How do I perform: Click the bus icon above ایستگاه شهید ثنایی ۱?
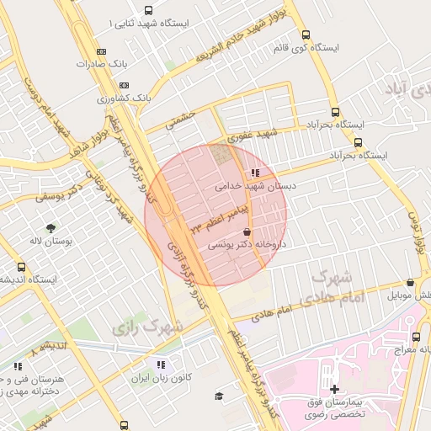pos(149,11)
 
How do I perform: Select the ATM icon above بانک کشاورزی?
pos(125,85)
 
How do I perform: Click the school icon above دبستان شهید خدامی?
pos(255,173)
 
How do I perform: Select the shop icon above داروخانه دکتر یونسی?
pos(247,231)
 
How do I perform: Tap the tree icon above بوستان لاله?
pos(52,228)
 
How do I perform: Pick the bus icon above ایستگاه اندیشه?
pos(22,267)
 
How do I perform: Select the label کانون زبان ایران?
pos(160,377)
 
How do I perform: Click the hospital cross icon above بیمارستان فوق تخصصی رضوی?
pos(335,388)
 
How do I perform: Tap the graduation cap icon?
pos(220,396)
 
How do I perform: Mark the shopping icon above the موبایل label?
pos(410,283)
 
